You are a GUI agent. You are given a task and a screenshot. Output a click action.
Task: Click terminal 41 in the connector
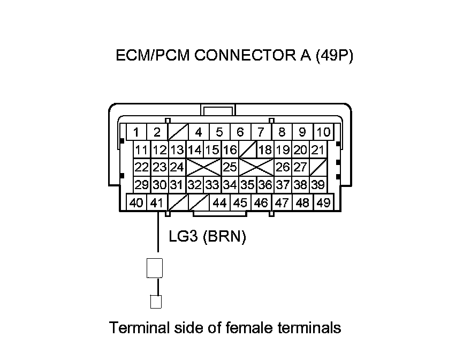point(156,203)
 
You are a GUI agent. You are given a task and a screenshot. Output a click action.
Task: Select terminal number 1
point(136,132)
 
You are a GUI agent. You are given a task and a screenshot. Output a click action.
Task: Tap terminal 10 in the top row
point(324,132)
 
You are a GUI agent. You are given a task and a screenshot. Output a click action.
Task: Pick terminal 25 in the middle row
point(230,167)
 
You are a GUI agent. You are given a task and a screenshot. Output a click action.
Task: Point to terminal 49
point(323,203)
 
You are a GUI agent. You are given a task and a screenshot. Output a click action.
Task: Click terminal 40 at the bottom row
point(136,203)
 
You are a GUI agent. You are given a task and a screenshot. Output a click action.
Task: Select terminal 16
point(230,150)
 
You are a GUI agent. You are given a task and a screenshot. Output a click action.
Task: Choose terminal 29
point(141,185)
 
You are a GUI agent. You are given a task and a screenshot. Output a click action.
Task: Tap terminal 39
point(317,185)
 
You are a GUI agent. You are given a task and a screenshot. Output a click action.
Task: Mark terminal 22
point(141,167)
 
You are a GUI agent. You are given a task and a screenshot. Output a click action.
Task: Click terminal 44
point(219,203)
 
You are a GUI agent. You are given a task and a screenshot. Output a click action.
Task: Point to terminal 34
point(230,185)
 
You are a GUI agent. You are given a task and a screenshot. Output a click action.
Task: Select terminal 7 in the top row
point(261,132)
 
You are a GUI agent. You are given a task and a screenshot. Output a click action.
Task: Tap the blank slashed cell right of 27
point(317,167)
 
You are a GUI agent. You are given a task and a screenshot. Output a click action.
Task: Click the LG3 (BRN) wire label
point(207,237)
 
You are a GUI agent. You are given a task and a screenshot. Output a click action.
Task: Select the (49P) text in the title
point(335,56)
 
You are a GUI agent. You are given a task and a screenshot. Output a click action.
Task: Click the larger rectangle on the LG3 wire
point(154,268)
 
